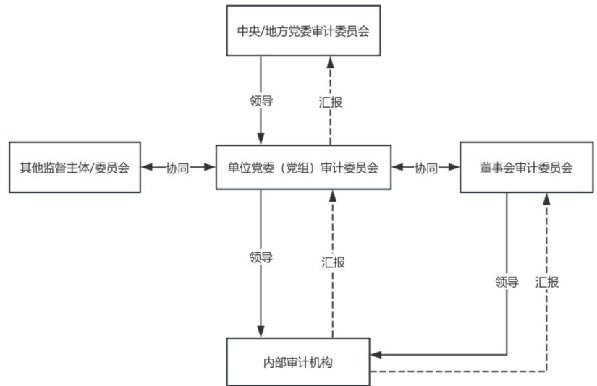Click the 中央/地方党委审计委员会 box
pyautogui.click(x=298, y=30)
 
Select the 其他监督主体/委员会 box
pyautogui.click(x=74, y=168)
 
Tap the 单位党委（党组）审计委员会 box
pyautogui.click(x=298, y=168)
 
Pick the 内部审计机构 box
pyautogui.click(x=298, y=361)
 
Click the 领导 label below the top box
pyautogui.click(x=261, y=101)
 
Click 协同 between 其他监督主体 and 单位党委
pyautogui.click(x=178, y=168)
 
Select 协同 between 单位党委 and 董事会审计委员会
pyautogui.click(x=425, y=168)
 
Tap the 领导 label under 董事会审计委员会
pyautogui.click(x=507, y=282)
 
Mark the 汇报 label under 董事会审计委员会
pyautogui.click(x=547, y=282)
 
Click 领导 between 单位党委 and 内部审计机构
pyautogui.click(x=261, y=258)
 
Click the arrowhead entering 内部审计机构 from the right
pyautogui.click(x=376, y=355)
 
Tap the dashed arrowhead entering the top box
pyautogui.click(x=331, y=61)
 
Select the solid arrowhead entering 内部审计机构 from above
pyautogui.click(x=261, y=332)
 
